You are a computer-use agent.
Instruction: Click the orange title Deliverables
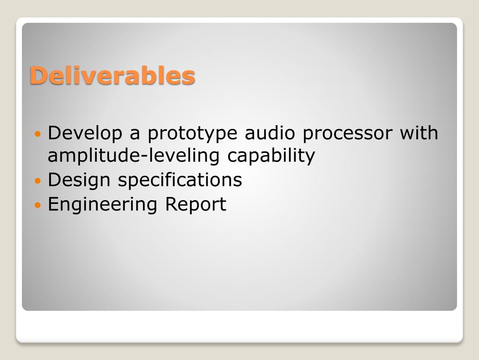pos(112,75)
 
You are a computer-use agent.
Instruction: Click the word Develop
pos(85,134)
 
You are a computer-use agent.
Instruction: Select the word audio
pos(270,133)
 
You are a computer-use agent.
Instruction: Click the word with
pos(419,133)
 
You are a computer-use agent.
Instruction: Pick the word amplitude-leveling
pos(133,156)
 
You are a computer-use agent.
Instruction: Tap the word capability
pos(271,156)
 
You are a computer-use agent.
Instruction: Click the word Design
pos(79,180)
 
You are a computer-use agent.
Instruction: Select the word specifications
pos(180,180)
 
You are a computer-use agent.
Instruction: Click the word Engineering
pos(102,205)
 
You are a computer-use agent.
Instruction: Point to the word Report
pos(196,204)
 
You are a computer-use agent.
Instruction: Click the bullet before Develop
pos(37,134)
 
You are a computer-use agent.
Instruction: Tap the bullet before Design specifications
pos(37,180)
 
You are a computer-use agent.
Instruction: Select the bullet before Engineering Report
pos(37,205)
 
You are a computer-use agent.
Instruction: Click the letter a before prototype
pos(135,135)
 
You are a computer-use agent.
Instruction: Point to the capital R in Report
pos(172,203)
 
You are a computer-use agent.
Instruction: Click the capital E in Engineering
pos(53,203)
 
